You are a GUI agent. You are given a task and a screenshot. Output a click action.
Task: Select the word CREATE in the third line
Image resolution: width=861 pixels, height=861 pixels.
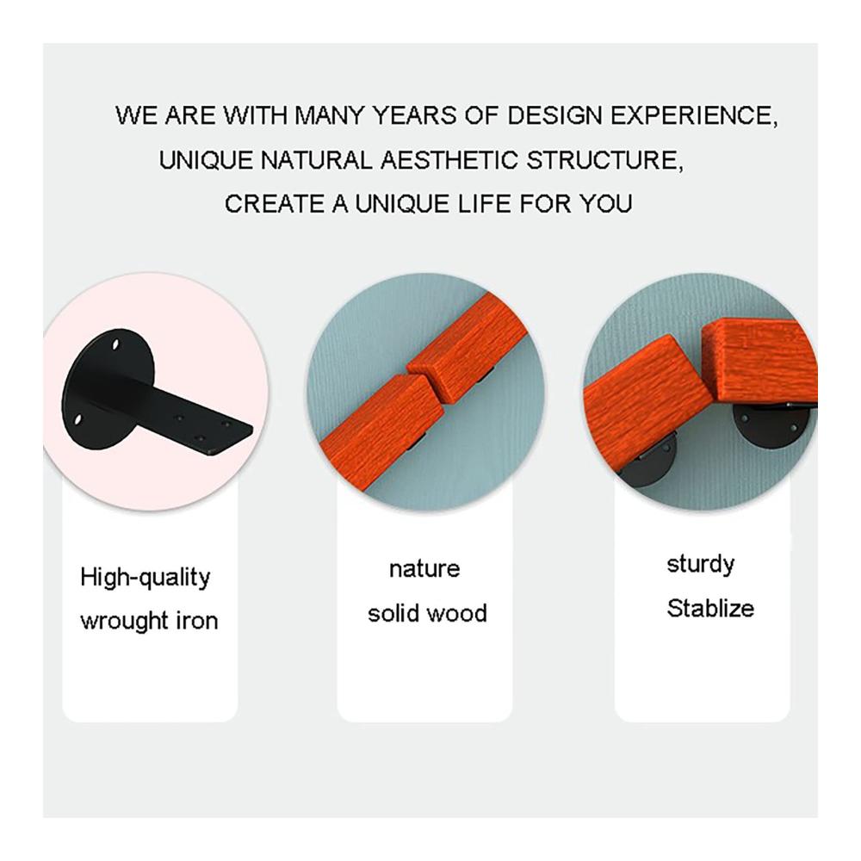click(x=274, y=204)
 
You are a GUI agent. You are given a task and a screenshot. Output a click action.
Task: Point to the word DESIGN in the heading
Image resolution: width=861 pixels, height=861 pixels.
click(x=554, y=115)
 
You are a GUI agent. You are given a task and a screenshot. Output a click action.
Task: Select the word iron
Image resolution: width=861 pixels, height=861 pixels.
click(x=196, y=621)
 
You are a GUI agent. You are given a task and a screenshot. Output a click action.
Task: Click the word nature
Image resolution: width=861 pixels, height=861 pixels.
click(x=424, y=569)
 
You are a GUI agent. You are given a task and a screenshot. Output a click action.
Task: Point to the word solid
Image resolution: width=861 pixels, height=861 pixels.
click(x=393, y=612)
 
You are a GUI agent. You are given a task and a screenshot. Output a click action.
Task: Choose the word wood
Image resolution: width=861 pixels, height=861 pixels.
click(x=457, y=613)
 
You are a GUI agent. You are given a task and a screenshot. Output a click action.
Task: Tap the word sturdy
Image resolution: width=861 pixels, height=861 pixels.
click(x=700, y=565)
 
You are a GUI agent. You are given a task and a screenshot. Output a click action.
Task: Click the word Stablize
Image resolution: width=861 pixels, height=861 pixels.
click(x=710, y=608)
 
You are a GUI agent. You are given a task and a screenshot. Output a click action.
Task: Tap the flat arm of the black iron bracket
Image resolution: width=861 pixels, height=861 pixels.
click(x=181, y=418)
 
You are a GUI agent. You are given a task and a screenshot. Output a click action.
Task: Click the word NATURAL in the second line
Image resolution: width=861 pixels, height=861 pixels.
click(x=316, y=160)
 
